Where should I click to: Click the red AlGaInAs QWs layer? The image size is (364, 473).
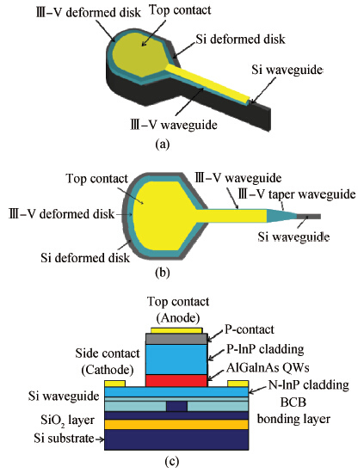[176, 381]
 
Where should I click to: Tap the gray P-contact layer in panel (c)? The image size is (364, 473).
[176, 339]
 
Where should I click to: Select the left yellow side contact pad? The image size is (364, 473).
[114, 384]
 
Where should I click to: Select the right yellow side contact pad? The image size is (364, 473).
[238, 384]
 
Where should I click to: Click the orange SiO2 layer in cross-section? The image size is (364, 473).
[176, 425]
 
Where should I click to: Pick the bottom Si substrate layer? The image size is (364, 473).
[176, 439]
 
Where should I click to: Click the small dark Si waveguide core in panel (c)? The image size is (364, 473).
[176, 406]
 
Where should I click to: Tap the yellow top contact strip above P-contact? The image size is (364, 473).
[176, 330]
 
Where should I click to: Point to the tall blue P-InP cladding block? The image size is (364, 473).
[176, 359]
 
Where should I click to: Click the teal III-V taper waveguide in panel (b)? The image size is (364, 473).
[281, 216]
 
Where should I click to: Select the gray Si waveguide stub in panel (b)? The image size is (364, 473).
[308, 216]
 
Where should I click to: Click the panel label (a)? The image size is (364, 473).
[163, 144]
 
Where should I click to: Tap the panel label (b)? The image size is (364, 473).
[163, 272]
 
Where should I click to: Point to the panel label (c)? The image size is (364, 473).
[172, 462]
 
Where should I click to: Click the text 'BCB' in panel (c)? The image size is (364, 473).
[293, 402]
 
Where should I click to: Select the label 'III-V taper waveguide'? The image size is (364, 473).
[297, 194]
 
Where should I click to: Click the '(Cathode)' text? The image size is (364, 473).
[108, 370]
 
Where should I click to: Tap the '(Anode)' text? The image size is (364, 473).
[178, 317]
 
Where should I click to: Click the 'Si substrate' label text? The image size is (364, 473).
[64, 438]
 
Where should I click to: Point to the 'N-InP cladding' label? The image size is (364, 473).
[308, 385]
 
